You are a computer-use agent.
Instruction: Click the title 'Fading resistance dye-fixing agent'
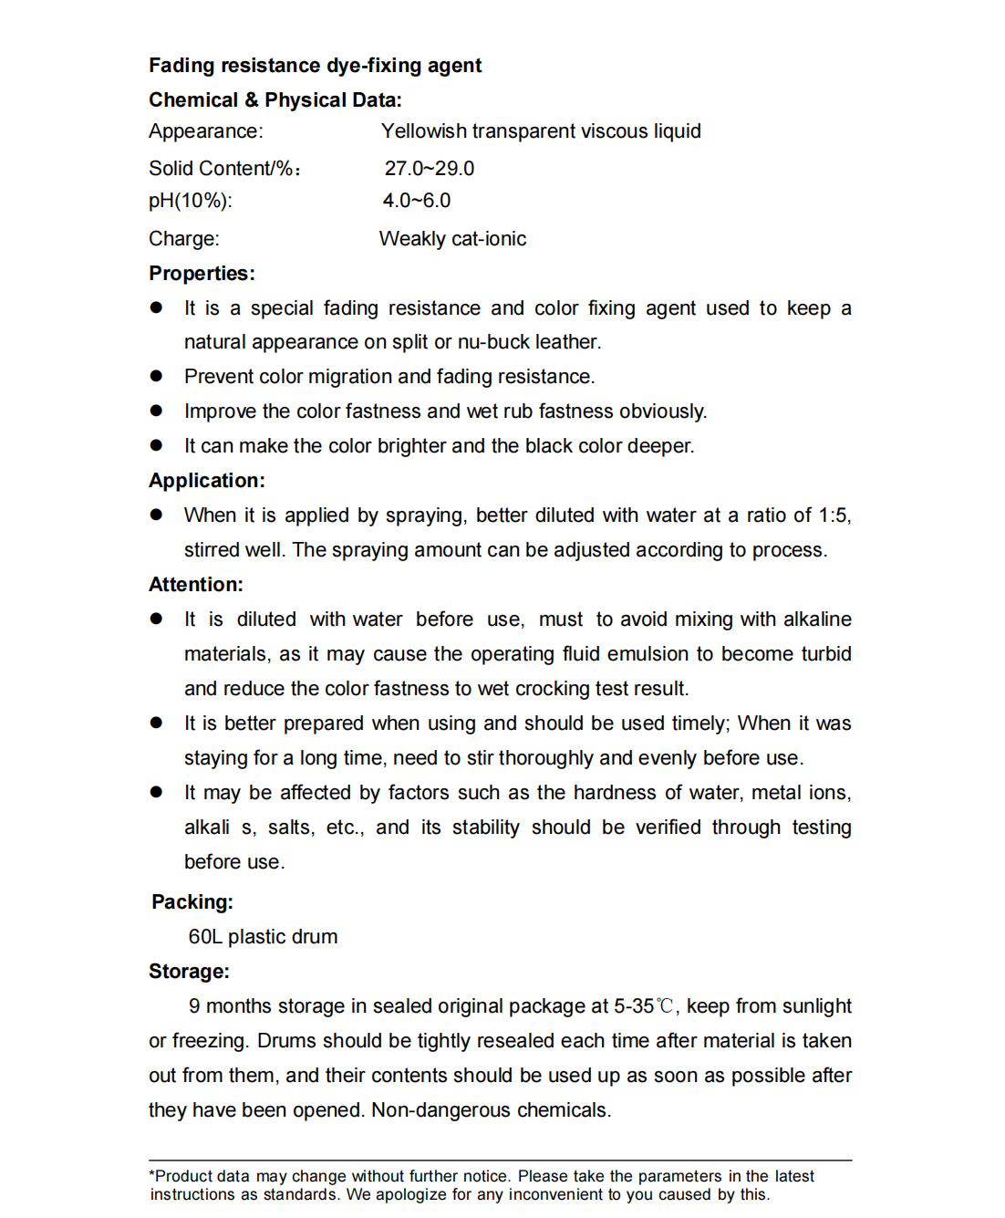315,66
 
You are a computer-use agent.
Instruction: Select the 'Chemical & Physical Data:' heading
275,100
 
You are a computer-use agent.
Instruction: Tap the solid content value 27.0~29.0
429,169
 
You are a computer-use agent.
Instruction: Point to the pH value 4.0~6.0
417,201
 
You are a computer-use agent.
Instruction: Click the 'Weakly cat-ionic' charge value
452,239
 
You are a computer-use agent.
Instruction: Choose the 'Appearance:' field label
205,131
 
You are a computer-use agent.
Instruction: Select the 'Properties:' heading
202,274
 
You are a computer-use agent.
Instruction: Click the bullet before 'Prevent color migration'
156,376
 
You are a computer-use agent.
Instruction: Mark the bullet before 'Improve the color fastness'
156,411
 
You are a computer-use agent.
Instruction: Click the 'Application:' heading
206,481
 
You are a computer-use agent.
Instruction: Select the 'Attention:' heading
195,585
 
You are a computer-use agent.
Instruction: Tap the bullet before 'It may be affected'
156,792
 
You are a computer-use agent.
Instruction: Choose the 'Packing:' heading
192,902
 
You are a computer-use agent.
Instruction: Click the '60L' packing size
205,937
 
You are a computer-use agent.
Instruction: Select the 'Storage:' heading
189,972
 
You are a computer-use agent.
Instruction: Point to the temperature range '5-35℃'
644,1006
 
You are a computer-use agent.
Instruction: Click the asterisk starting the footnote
152,1175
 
